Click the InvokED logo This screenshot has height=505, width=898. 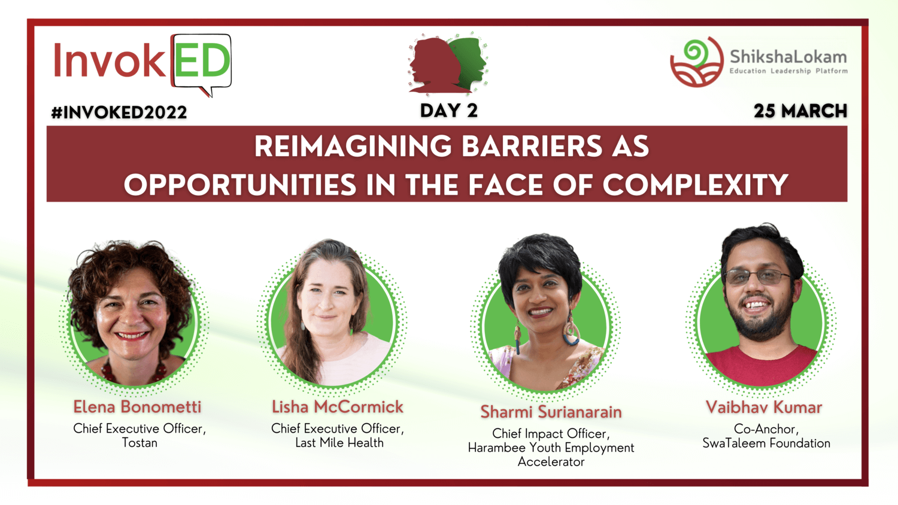pos(142,64)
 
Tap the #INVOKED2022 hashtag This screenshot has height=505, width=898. pos(119,112)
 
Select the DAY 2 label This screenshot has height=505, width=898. pos(449,111)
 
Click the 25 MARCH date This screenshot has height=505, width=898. pos(800,111)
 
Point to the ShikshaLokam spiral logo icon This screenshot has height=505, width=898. pos(697,62)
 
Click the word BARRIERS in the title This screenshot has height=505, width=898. pos(532,146)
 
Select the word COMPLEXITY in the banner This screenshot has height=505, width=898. pos(696,185)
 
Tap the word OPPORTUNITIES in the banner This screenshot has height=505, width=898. pos(239,185)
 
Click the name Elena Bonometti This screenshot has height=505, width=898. pos(137,407)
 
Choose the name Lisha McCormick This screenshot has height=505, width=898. pos(338,407)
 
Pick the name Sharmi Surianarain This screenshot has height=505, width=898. pos(551,412)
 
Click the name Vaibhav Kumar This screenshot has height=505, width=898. pos(764,407)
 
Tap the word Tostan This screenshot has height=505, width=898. pos(139,443)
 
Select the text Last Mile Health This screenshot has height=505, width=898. pos(339,443)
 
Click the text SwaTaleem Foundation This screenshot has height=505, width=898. pos(766,443)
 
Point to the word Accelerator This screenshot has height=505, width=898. pos(551,462)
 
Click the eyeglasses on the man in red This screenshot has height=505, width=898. pos(757,277)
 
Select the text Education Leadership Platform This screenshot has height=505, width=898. pos(788,71)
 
